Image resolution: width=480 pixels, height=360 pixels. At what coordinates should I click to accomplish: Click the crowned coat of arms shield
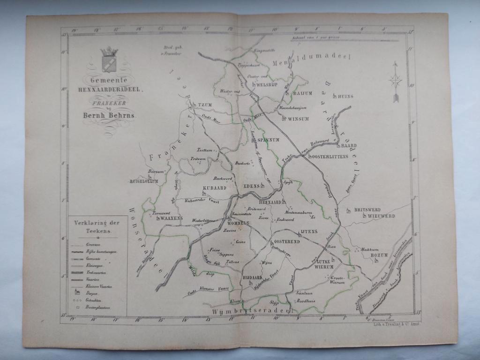tap(109, 61)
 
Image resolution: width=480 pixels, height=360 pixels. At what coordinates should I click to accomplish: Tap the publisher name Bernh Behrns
tap(109, 115)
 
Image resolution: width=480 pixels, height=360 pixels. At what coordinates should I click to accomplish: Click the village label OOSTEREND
tap(286, 241)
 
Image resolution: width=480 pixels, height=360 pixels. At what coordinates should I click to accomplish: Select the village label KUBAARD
tap(214, 188)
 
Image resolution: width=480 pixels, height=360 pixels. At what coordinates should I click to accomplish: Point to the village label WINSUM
tap(298, 119)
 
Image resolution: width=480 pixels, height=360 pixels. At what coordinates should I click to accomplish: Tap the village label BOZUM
tap(380, 255)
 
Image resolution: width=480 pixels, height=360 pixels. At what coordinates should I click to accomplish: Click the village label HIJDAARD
tap(254, 278)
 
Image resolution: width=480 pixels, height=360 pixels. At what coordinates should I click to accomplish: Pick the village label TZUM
tap(205, 105)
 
